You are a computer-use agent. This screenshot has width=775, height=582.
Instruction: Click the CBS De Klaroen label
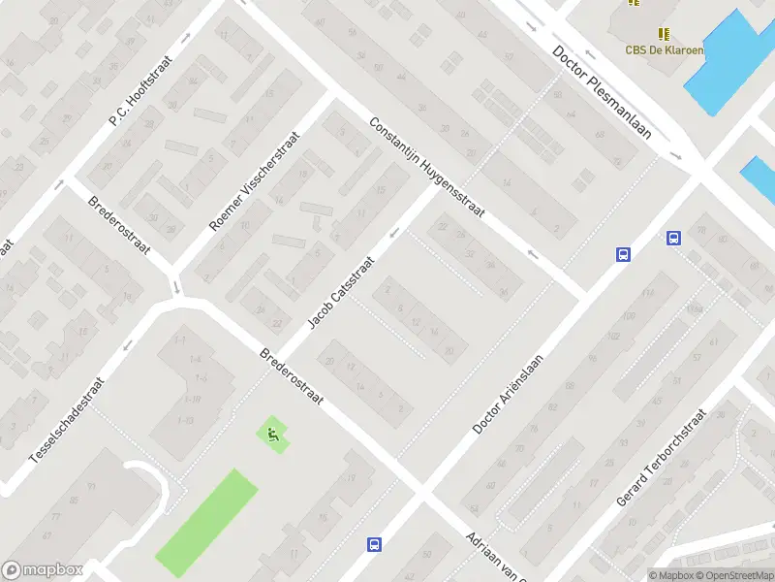click(x=664, y=50)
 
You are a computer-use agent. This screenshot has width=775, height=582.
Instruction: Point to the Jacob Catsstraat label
click(x=341, y=292)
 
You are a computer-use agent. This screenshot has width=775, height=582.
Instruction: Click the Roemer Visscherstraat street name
click(x=255, y=181)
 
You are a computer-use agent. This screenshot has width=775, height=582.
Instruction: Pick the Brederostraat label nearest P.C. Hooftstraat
click(x=118, y=226)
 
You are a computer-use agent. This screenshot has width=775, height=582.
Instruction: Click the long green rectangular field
click(x=206, y=521)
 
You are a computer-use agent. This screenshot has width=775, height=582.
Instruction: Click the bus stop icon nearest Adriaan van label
click(x=374, y=544)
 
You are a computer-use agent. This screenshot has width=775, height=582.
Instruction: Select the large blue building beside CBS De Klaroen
click(x=727, y=63)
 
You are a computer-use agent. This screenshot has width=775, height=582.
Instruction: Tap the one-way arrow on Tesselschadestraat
click(x=128, y=345)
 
